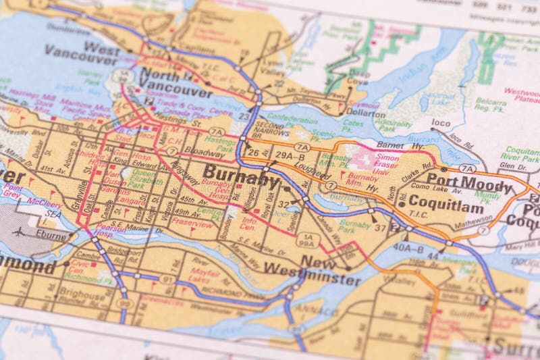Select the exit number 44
433,257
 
